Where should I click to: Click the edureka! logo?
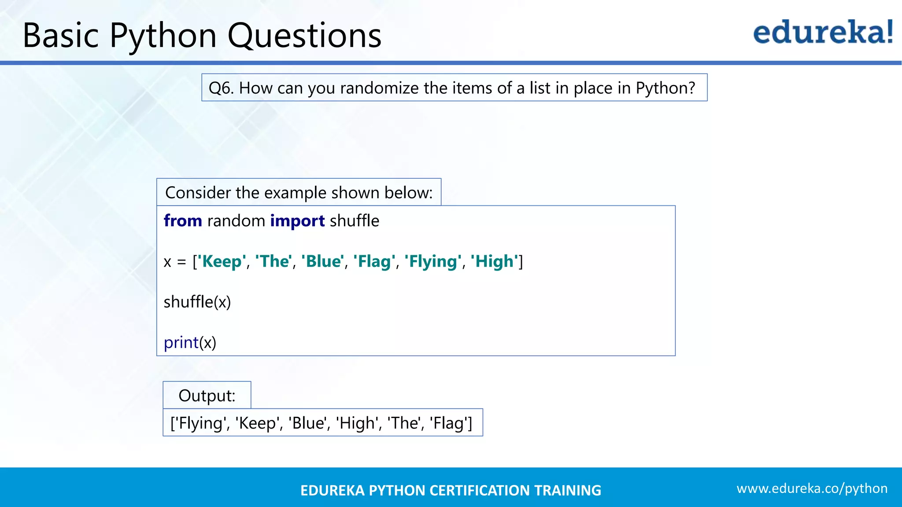[x=823, y=33]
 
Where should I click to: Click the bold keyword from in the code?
[x=183, y=220]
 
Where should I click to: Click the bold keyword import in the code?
[x=297, y=220]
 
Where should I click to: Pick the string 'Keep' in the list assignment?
[x=221, y=261]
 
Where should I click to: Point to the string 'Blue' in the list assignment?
[x=322, y=261]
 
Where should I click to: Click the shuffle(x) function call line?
[x=197, y=302]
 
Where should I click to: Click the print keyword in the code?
[x=181, y=343]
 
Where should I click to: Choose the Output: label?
[x=207, y=396]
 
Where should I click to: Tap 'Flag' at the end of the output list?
[x=449, y=423]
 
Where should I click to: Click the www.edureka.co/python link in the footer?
[x=812, y=489]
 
